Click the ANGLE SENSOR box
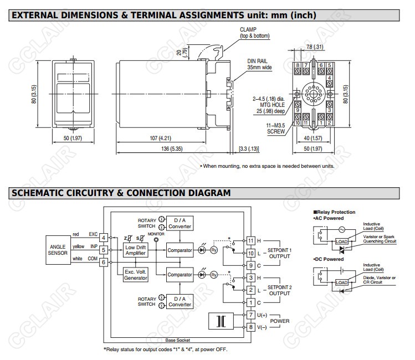click(59, 250)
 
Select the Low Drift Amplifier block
click(136, 250)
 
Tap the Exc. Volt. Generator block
click(136, 274)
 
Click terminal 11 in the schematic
click(251, 240)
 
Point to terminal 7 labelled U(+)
click(251, 314)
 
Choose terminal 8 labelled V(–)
click(251, 327)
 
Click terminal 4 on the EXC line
click(103, 238)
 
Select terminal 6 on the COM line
click(103, 262)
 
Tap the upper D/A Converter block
click(180, 223)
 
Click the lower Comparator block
click(180, 274)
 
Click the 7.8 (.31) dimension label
click(315, 47)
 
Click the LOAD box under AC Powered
click(341, 242)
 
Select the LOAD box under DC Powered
click(341, 282)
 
